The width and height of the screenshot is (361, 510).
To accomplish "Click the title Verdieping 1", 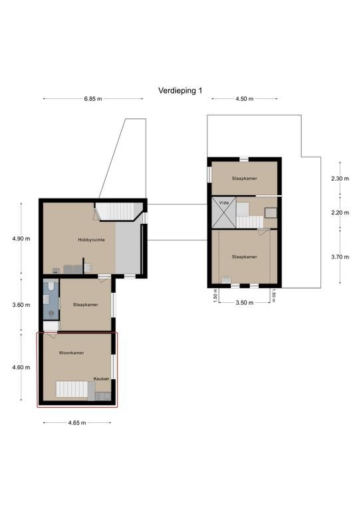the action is tap(180, 90).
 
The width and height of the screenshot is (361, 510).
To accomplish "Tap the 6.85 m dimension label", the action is tap(93, 99).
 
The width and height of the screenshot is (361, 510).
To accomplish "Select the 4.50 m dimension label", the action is tap(245, 99).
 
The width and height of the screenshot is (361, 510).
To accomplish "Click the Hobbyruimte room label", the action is tap(92, 240).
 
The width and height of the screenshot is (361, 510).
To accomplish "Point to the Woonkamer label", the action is tap(71, 353).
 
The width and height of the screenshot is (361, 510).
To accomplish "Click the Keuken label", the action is tap(101, 379).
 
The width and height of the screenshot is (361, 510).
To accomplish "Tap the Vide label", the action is tap(224, 203).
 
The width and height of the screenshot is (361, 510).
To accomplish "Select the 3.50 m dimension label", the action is tap(245, 303).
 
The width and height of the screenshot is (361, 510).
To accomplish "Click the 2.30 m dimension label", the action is tap(340, 179).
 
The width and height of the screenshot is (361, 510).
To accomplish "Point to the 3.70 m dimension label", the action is tap(340, 257).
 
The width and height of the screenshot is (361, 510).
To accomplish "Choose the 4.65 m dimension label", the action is tap(77, 423).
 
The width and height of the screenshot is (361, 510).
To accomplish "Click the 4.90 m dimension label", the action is tap(21, 239).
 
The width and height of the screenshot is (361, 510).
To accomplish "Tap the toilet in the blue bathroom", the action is tap(51, 286).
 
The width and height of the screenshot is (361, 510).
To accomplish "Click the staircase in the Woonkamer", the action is tap(72, 389).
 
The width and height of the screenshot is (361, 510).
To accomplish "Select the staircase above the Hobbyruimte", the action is tap(119, 211).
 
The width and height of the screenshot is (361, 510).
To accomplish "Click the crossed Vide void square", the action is tap(223, 212).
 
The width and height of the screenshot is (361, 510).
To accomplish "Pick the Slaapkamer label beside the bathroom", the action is tap(86, 305).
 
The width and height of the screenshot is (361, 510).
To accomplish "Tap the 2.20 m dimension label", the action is tap(340, 212).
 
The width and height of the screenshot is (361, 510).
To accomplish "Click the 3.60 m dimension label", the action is tap(21, 305).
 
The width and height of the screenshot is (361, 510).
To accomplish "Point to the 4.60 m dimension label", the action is tap(21, 367).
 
